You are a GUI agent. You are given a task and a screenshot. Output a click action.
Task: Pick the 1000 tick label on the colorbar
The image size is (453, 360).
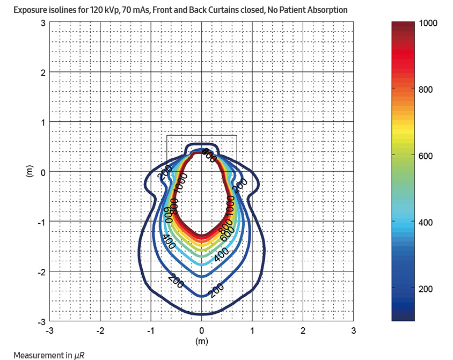(x=429, y=23)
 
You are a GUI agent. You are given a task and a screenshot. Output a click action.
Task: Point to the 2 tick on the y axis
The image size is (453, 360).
(x=42, y=72)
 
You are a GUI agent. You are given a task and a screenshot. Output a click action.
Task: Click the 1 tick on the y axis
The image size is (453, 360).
(x=42, y=122)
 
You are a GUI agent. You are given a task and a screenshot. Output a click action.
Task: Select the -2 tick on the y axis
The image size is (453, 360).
(x=41, y=272)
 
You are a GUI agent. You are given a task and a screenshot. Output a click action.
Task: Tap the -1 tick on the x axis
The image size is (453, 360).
(x=150, y=330)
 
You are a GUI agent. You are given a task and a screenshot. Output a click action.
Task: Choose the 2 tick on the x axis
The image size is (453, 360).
(x=303, y=330)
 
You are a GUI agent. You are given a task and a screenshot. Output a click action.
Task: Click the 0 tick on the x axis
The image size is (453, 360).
(x=202, y=330)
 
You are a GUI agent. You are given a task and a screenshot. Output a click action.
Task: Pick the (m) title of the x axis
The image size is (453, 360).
(x=201, y=341)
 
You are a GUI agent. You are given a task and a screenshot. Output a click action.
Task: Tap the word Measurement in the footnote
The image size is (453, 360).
(x=36, y=355)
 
